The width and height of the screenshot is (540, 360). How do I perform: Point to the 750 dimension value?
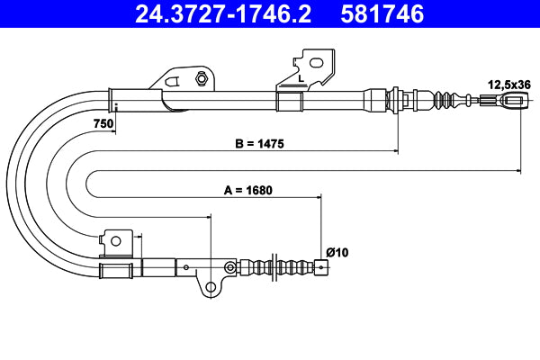[102, 123]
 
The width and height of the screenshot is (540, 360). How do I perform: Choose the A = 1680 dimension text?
[247, 190]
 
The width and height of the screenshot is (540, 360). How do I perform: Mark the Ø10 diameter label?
[337, 253]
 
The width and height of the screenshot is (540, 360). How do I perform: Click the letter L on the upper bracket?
[300, 79]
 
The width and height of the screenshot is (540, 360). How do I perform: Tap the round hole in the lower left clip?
[114, 239]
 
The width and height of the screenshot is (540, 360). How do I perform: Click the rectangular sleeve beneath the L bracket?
[287, 100]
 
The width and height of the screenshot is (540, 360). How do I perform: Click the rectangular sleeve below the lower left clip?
[116, 269]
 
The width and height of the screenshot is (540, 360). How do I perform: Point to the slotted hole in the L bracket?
[316, 63]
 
